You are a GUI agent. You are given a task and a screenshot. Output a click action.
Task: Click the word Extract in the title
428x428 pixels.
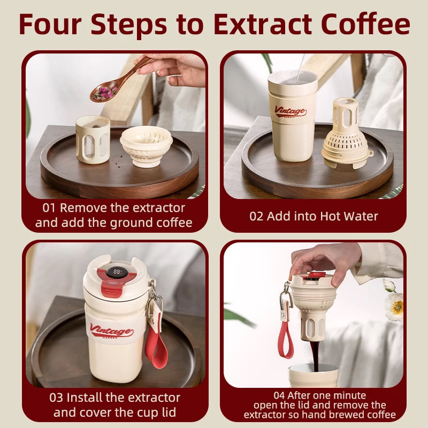(x=263, y=24)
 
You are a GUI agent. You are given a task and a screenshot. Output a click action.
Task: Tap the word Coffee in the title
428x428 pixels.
(x=365, y=24)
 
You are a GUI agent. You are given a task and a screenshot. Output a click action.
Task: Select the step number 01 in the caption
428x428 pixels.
(x=49, y=208)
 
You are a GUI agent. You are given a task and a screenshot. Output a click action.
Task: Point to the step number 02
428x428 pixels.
(x=256, y=217)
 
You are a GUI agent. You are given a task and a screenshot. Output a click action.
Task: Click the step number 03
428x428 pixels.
(x=56, y=398)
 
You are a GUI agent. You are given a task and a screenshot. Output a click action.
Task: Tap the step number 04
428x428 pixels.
(x=279, y=395)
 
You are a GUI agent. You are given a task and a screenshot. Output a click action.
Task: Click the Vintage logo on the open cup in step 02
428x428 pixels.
(x=291, y=111)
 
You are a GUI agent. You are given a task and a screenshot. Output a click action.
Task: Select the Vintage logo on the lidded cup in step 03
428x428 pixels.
(x=111, y=331)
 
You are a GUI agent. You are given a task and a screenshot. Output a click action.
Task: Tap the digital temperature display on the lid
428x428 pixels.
(x=117, y=272)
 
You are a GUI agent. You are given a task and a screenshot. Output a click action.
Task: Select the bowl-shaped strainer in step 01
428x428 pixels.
(x=146, y=146)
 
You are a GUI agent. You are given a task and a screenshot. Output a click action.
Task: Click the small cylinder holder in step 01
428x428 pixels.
(x=93, y=140)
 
